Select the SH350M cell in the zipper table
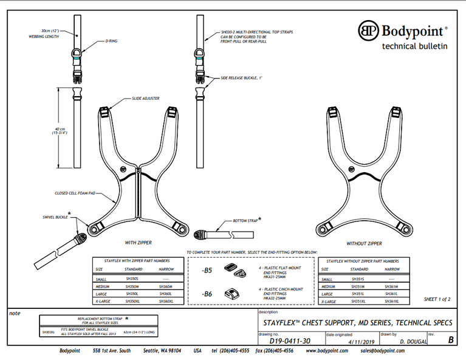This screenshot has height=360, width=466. (132, 286)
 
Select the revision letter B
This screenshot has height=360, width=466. (450, 340)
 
